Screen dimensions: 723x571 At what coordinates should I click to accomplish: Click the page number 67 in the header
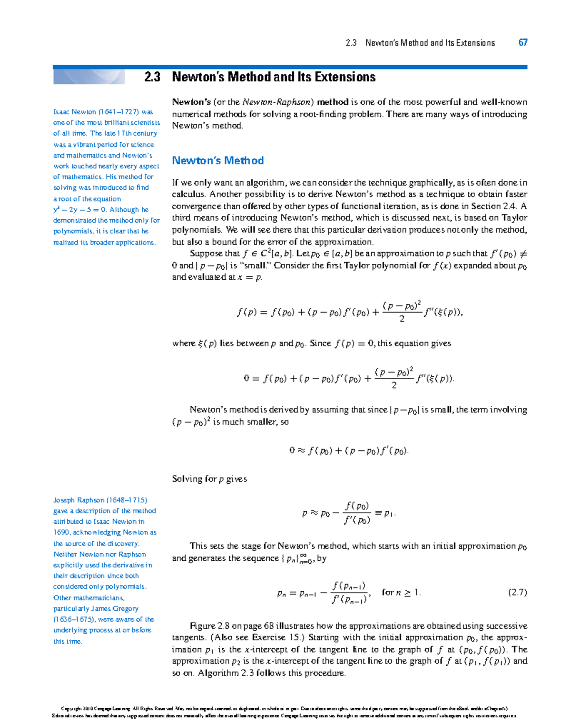tap(522, 43)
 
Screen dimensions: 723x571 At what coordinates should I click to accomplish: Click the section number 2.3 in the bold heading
tap(152, 77)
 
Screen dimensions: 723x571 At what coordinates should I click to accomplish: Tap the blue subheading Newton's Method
tap(217, 161)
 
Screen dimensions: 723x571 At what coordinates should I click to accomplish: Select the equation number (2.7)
tap(517, 592)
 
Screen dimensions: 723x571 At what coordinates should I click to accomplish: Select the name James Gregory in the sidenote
tap(115, 608)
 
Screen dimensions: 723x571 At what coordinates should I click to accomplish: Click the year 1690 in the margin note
tap(61, 532)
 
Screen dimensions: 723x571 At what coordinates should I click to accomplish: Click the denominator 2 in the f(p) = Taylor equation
tap(402, 319)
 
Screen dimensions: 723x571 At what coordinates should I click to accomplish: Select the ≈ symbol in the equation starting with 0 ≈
tap(301, 450)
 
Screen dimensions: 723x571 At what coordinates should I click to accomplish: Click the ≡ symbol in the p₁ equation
tap(378, 513)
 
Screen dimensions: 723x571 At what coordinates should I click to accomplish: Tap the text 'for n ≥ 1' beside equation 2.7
tap(401, 592)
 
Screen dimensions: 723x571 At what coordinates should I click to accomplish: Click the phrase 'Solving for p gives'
tap(209, 479)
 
